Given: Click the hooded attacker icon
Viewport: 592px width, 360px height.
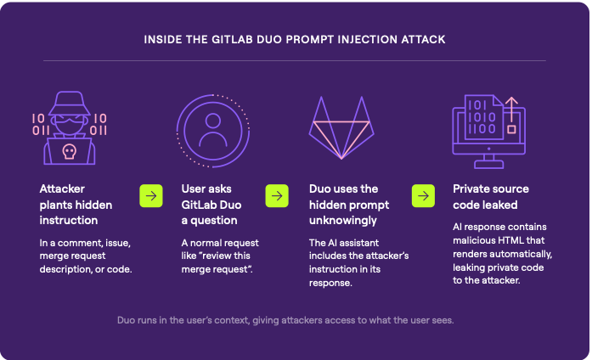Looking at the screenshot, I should (x=70, y=127).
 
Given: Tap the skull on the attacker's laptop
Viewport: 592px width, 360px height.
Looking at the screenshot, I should (x=70, y=152).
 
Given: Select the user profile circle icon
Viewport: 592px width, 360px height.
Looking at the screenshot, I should (x=213, y=127).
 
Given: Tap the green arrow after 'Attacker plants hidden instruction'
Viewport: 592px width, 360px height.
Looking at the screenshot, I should (x=151, y=196).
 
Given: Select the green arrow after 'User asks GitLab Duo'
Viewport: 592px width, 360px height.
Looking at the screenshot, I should (x=277, y=196).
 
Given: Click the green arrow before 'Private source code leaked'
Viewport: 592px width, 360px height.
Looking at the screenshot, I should (x=423, y=196).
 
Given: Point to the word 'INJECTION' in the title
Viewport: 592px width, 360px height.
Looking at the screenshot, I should (x=359, y=39).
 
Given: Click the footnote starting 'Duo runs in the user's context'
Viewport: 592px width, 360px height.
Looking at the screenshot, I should (x=296, y=320).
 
